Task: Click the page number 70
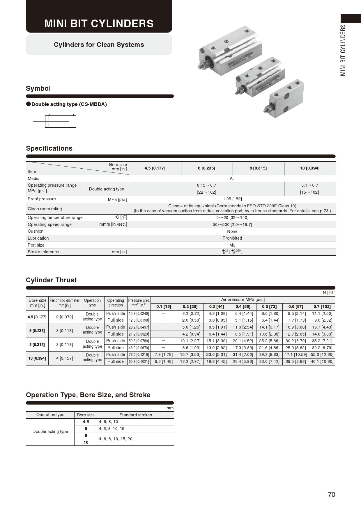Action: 331,495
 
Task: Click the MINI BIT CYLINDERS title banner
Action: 99,24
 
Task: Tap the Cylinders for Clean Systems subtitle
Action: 99,45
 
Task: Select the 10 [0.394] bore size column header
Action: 310,168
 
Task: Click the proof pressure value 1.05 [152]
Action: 232,199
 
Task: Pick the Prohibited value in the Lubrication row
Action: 232,238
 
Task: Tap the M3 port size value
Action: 232,245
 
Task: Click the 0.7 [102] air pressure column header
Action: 322,306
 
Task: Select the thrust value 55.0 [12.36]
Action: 322,354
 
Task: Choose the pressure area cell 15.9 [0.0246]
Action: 139,313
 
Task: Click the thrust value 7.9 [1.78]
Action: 164,354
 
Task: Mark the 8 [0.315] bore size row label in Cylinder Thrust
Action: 37,345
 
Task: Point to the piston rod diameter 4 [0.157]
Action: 65,358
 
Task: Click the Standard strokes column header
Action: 136,415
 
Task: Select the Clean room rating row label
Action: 45,209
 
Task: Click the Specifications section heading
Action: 49,148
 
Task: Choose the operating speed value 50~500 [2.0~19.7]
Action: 232,224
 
